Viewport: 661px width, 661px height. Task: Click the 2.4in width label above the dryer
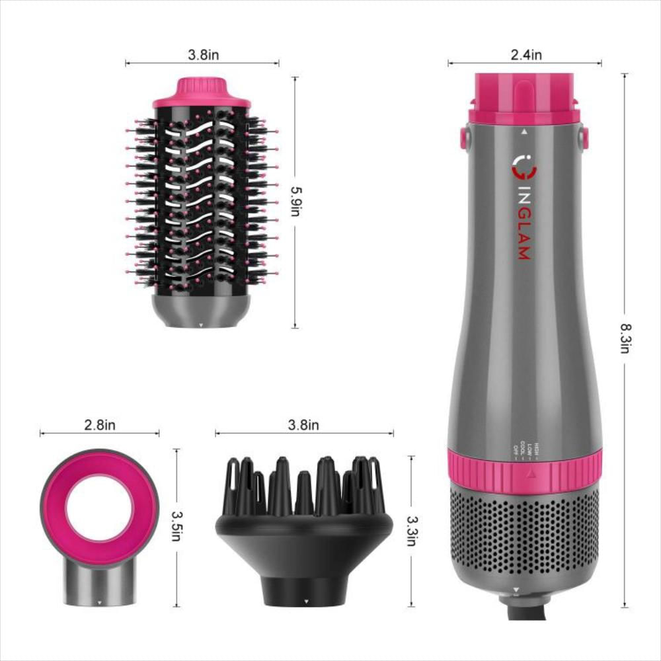pyautogui.click(x=525, y=55)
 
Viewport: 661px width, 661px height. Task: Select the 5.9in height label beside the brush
pyautogui.click(x=295, y=201)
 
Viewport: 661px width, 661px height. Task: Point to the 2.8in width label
pyautogui.click(x=100, y=425)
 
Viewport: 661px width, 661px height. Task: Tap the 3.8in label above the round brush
pyautogui.click(x=203, y=55)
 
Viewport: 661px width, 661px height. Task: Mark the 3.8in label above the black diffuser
pyautogui.click(x=303, y=425)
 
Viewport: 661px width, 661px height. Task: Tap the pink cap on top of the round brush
pyautogui.click(x=202, y=93)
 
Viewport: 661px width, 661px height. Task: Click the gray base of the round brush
pyautogui.click(x=202, y=310)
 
